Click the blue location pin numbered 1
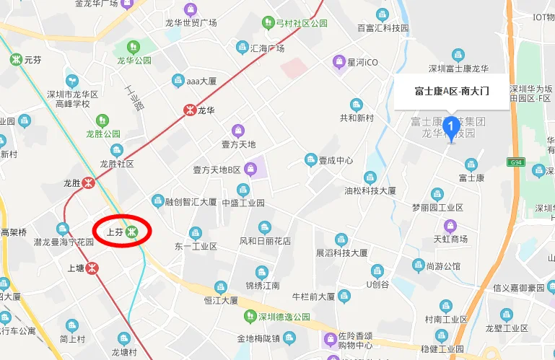click(452, 128)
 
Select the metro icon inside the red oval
click(131, 232)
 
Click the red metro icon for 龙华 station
click(188, 110)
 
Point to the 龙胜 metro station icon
click(89, 183)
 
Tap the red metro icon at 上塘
click(95, 268)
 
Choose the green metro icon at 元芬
click(15, 60)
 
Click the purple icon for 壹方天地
click(239, 131)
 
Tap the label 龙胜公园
click(103, 133)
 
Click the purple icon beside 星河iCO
click(338, 63)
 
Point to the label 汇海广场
click(266, 48)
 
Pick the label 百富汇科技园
click(383, 28)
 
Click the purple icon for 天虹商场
click(451, 226)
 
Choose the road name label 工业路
click(135, 97)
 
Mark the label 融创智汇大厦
click(191, 202)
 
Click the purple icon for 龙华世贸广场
click(191, 9)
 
